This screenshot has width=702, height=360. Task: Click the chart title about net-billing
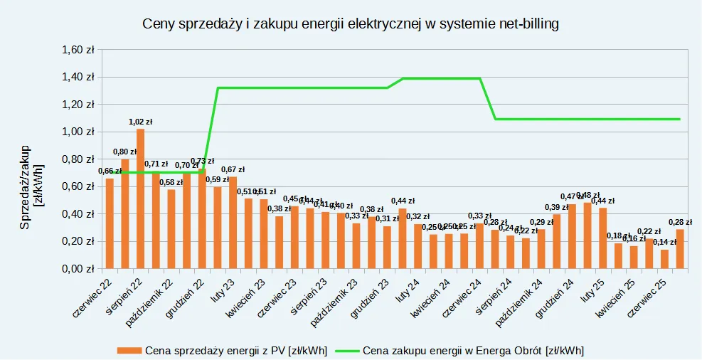[351, 23]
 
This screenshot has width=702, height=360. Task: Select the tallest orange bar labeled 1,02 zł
[140, 199]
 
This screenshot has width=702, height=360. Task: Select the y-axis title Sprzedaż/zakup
[26, 186]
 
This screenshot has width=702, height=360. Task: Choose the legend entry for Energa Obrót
[472, 350]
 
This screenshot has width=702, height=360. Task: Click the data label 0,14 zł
[665, 243]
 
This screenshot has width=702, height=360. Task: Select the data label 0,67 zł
[233, 170]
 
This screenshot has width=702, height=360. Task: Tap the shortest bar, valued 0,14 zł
[664, 260]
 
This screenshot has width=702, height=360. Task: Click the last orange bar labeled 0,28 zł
[680, 249]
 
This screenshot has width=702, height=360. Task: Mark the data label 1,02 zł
[141, 122]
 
